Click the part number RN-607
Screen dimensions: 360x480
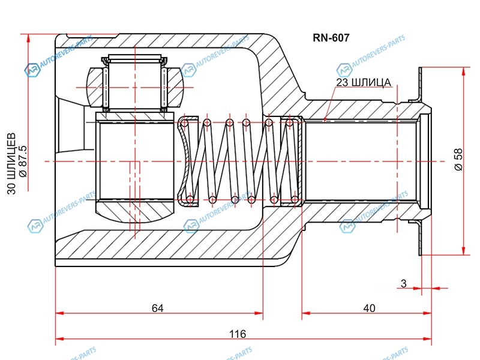pos(331,37)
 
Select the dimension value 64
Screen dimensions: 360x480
pos(158,308)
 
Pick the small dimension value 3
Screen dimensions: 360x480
pos(404,283)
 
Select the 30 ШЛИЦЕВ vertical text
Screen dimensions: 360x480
pos(11,160)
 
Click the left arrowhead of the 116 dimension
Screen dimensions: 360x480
pos(58,340)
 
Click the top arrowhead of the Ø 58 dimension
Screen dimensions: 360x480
pos(463,70)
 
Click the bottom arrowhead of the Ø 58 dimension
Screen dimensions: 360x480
pos(463,251)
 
